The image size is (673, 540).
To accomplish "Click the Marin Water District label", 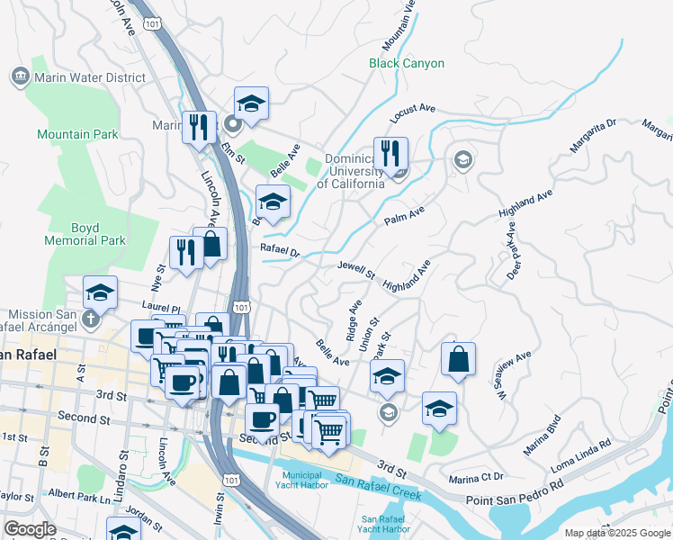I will (89, 77).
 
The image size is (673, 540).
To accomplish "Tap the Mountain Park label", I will (77, 134).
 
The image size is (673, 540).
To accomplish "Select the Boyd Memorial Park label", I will (85, 234).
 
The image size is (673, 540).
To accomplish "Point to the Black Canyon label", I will (407, 63).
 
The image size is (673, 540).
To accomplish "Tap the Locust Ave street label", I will (412, 113).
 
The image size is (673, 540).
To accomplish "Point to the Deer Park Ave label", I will (513, 257).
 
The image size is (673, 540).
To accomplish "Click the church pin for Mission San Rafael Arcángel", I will (89, 319).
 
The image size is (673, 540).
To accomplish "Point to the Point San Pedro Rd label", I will (514, 499).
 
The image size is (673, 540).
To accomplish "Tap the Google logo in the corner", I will (30, 529).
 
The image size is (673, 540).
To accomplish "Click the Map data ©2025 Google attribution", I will (615, 533).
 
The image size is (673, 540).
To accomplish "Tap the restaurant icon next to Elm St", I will (195, 127).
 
